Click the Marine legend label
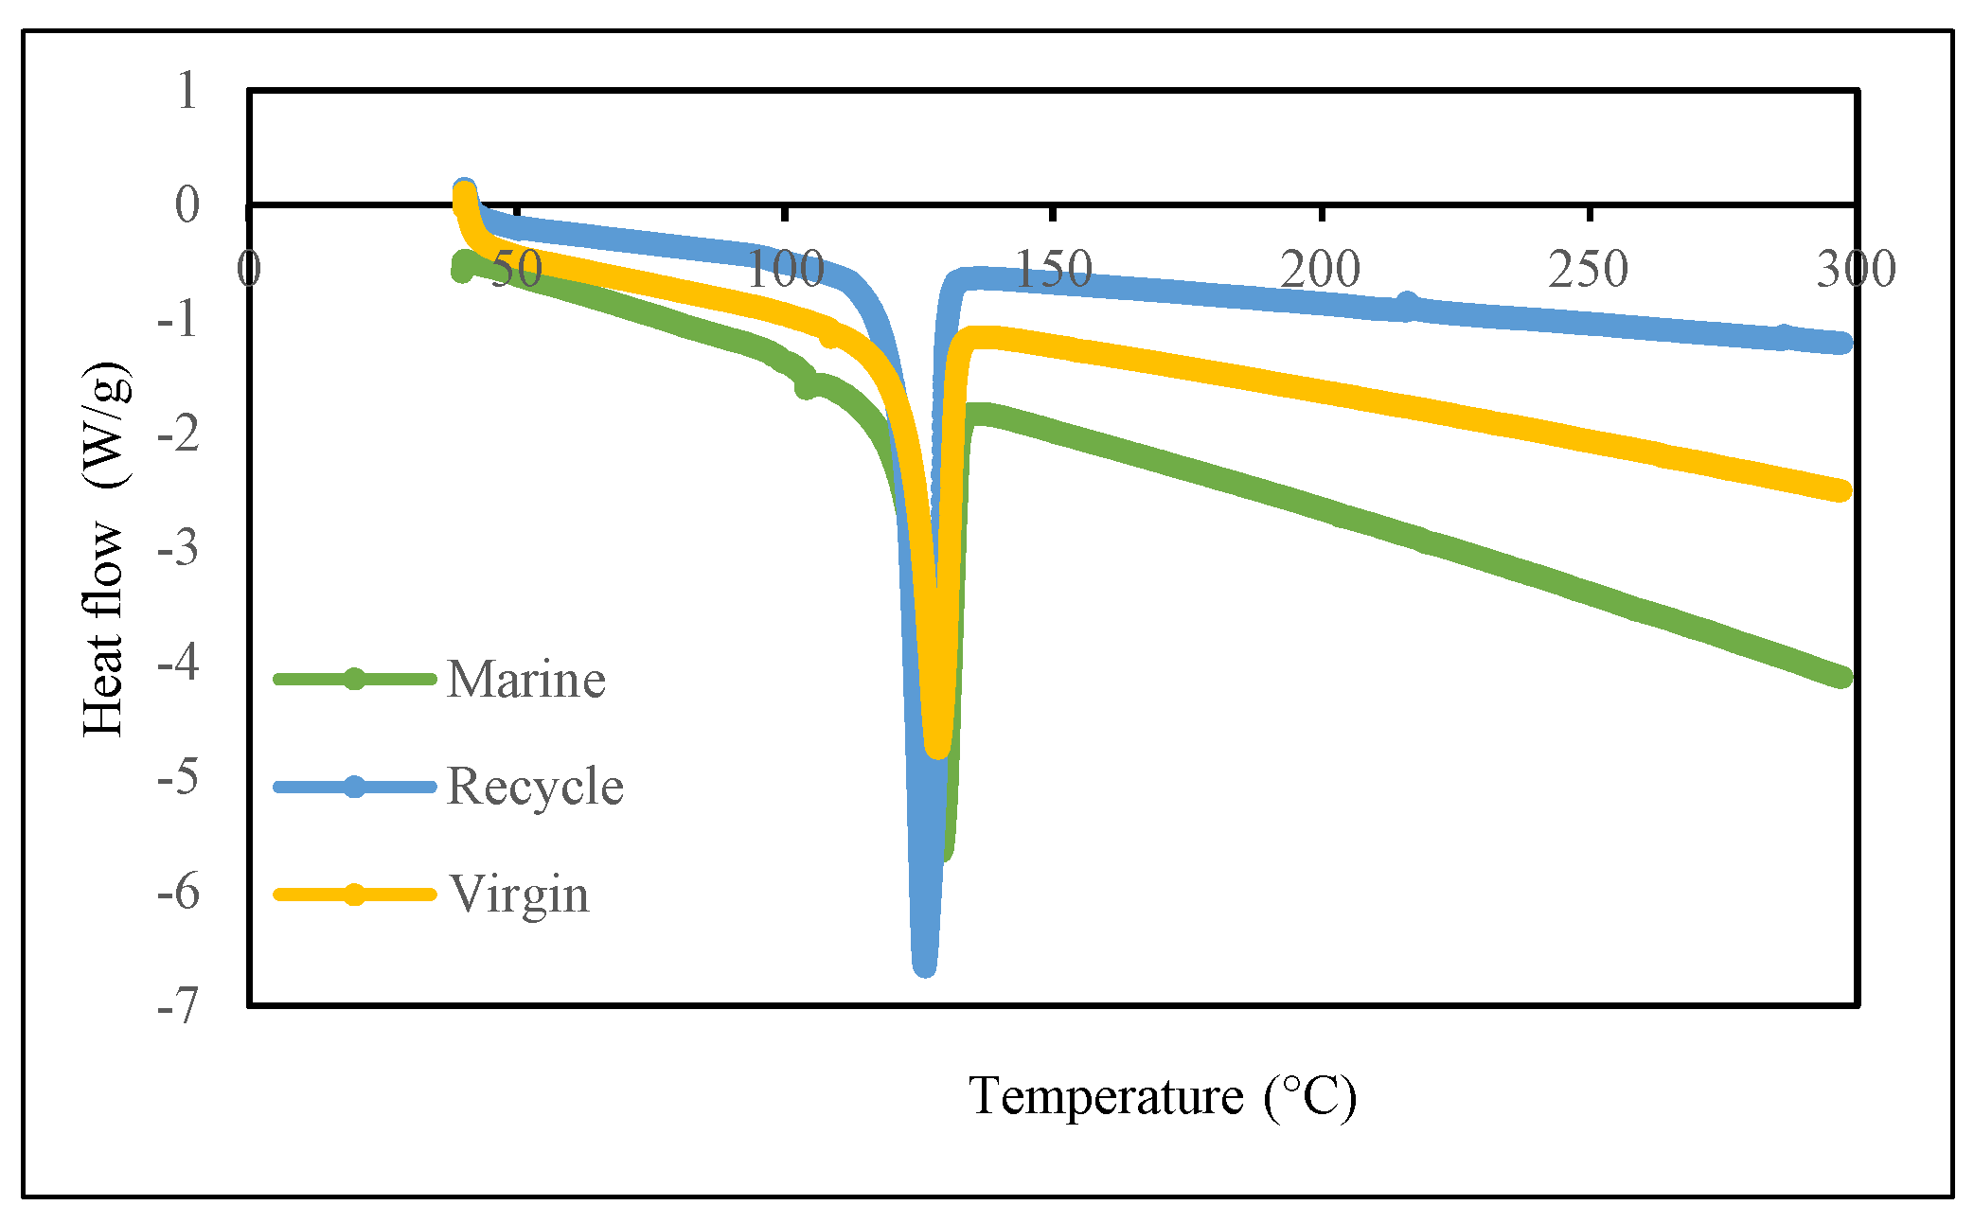(525, 679)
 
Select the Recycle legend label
(534, 787)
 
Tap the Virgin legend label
(520, 895)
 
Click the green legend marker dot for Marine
(354, 679)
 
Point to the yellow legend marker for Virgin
(354, 895)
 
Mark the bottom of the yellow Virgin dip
(936, 748)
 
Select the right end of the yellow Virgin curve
(1841, 490)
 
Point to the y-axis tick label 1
(187, 91)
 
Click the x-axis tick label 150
(1053, 270)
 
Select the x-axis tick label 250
(1589, 270)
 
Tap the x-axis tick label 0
(249, 270)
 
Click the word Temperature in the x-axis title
(1105, 1097)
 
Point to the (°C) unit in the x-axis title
(1310, 1097)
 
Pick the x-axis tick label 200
(1321, 270)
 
